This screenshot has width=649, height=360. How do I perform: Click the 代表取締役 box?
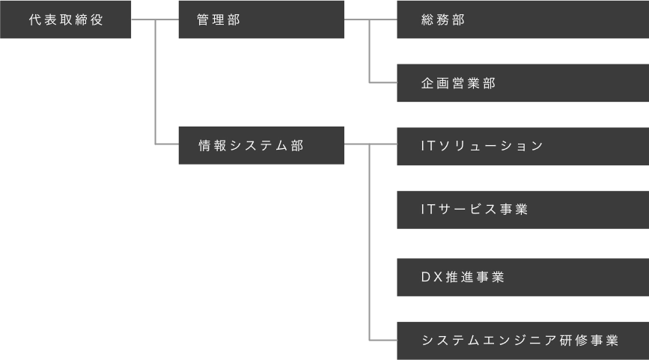(x=66, y=20)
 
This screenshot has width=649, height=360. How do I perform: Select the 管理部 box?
(x=260, y=20)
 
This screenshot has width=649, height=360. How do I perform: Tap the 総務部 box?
(x=522, y=20)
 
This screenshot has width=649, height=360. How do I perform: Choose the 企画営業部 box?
(x=522, y=83)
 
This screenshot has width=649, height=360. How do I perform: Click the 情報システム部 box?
(x=260, y=146)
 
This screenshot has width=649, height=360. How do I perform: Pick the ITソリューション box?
(x=522, y=146)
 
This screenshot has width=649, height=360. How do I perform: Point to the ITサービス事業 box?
(x=522, y=210)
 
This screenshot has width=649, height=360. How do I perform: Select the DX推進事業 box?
(x=522, y=277)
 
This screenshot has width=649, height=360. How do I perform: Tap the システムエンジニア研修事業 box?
(x=522, y=339)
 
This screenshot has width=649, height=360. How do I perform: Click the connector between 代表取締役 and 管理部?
(x=153, y=21)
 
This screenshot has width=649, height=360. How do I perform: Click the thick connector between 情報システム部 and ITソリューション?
(x=371, y=144)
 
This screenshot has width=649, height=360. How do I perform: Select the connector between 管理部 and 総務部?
(x=371, y=21)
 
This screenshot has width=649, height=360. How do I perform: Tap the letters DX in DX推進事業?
(x=429, y=277)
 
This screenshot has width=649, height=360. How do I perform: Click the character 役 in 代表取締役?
(x=97, y=20)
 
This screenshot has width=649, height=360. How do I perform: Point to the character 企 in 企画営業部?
(x=427, y=83)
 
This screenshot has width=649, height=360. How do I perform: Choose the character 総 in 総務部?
(x=427, y=20)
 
